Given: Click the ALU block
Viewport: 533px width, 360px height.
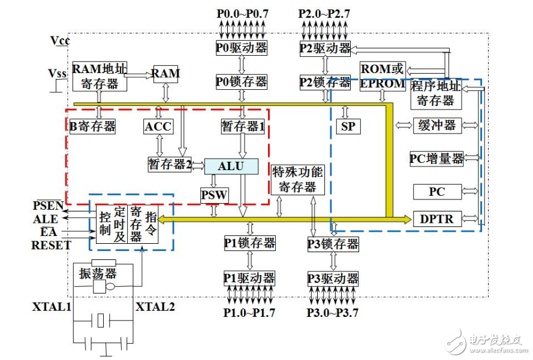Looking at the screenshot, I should click(x=231, y=166).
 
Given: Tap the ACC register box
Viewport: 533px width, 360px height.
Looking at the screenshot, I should click(x=158, y=126).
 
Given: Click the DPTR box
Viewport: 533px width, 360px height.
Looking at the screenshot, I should click(x=437, y=219).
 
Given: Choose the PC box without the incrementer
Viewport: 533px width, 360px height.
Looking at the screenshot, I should click(x=437, y=192).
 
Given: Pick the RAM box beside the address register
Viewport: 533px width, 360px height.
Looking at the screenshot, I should click(x=165, y=74).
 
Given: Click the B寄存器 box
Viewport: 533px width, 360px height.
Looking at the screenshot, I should click(x=92, y=126).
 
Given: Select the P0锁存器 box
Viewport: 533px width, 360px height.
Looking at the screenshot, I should click(x=241, y=81).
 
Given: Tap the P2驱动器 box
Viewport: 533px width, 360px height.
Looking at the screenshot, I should click(x=325, y=47).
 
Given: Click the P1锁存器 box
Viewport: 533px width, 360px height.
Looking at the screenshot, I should click(x=249, y=243).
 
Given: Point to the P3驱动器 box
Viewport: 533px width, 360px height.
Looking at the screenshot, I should click(x=333, y=279).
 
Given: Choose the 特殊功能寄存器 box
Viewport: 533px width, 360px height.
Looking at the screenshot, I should click(x=297, y=179).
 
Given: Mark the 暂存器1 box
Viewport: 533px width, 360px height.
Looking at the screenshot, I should click(x=242, y=126).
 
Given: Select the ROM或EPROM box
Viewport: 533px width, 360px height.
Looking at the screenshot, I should click(x=383, y=76).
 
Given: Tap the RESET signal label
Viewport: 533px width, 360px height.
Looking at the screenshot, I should click(x=51, y=245).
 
